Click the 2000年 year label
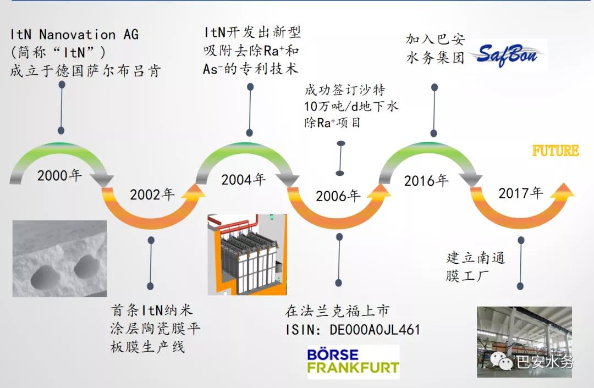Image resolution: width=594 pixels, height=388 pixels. (x=59, y=175)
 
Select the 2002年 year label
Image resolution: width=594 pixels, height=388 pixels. (x=152, y=195)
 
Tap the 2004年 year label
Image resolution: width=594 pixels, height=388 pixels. (x=243, y=179)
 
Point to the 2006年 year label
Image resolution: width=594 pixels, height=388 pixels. (x=338, y=196)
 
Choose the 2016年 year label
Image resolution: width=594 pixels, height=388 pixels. (x=426, y=181)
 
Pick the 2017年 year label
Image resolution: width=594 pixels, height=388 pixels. (x=520, y=193)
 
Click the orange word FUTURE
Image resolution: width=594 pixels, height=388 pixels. (x=555, y=151)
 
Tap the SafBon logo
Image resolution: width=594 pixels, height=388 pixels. (x=508, y=56)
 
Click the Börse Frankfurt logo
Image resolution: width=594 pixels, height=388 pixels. (x=353, y=361)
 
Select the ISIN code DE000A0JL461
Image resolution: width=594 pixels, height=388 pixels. (x=375, y=330)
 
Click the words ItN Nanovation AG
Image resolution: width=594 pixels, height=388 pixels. (x=74, y=35)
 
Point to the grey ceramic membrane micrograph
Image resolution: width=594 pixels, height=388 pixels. (x=60, y=258)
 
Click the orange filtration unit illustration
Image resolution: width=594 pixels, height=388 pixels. (x=247, y=255)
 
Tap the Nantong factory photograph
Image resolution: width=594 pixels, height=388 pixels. (x=524, y=342)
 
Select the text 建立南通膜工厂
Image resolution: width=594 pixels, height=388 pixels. (x=475, y=267)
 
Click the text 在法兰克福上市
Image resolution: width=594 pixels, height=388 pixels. (x=337, y=311)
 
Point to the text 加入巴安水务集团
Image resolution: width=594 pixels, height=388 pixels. (x=435, y=48)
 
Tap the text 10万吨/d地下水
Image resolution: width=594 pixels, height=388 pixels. (x=351, y=106)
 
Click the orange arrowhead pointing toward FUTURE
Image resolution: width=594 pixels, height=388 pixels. (x=562, y=192)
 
